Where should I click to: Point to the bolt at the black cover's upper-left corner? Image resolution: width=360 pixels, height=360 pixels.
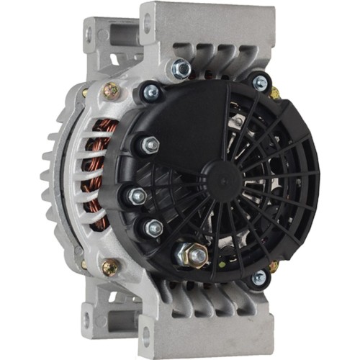click(x=152, y=91)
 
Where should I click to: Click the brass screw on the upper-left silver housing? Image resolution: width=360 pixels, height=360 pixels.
click(x=110, y=90)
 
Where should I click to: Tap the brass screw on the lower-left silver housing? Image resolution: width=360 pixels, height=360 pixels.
click(x=110, y=266)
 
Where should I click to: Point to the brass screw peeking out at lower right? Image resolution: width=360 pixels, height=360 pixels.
click(x=273, y=266)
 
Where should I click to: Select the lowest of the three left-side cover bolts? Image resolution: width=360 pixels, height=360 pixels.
click(x=153, y=229)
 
